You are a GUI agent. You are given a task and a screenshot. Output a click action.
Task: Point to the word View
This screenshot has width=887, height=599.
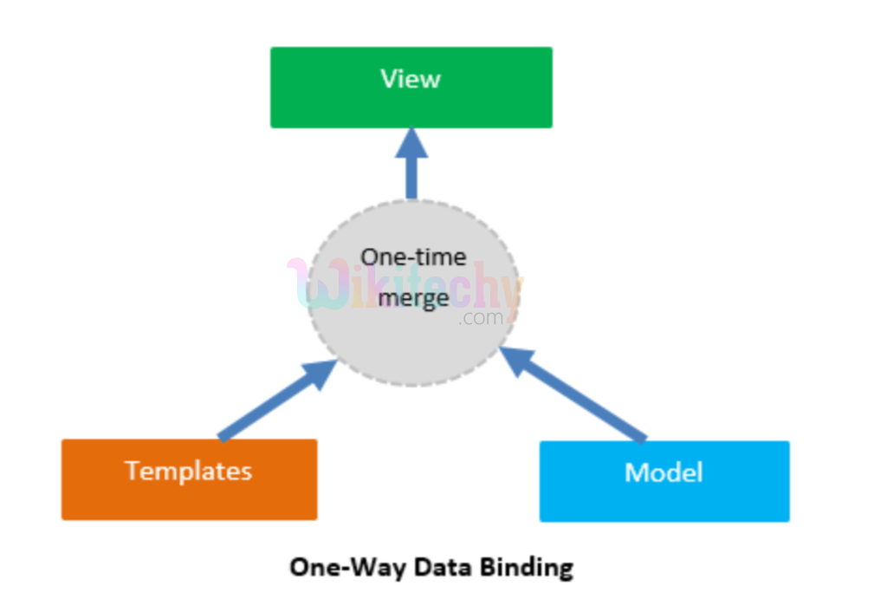(411, 79)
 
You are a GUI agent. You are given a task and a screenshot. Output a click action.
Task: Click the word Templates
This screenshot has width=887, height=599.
(189, 471)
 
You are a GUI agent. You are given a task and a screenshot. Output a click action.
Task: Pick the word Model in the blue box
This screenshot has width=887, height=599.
(664, 472)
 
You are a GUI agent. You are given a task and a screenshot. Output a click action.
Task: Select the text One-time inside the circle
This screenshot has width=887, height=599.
(413, 257)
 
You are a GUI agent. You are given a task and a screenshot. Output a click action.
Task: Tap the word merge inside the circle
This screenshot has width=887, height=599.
(413, 298)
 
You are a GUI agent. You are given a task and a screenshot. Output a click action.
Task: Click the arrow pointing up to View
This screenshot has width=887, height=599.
(411, 173)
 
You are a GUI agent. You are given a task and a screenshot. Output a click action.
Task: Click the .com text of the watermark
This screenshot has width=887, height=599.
(482, 318)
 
